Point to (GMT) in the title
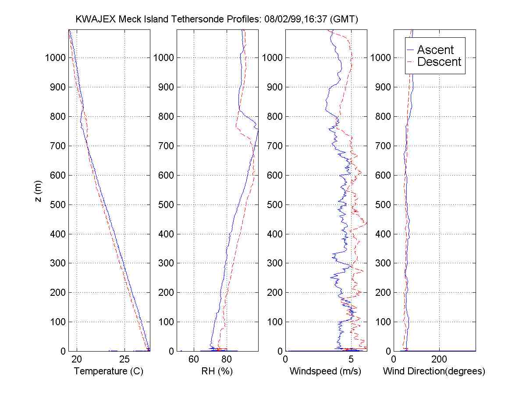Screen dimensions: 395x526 [x=344, y=19]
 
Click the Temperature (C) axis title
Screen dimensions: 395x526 [x=109, y=371]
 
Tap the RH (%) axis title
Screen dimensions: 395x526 [x=217, y=371]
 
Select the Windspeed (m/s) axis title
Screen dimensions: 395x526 [x=325, y=371]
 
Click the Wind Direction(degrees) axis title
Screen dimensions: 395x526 [x=434, y=371]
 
